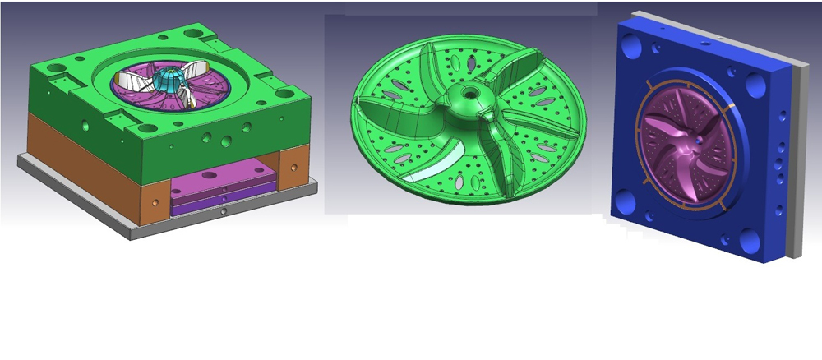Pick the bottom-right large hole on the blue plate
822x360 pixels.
(x=749, y=241)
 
